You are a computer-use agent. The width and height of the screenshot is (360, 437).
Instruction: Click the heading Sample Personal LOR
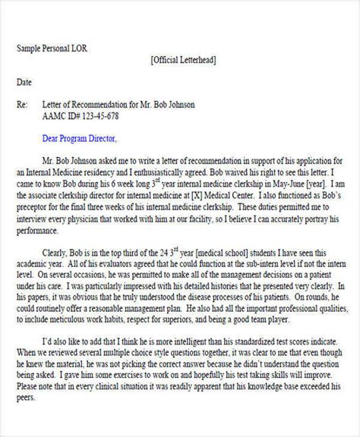(x=51, y=48)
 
